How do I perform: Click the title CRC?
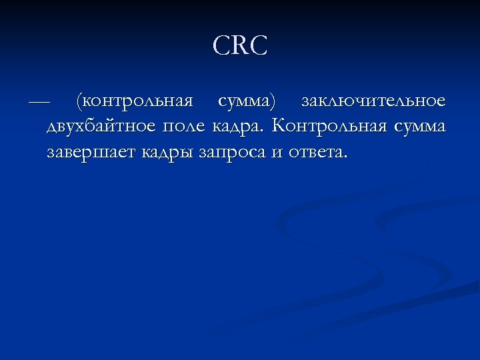[x=240, y=46]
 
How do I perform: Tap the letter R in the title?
[x=240, y=46]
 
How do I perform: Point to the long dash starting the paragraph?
[x=39, y=103]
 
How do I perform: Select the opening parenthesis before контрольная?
[x=79, y=103]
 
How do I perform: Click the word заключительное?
[x=373, y=102]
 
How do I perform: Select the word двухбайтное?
[x=99, y=127]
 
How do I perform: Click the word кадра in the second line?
[x=237, y=127]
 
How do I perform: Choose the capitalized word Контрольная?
[x=324, y=126]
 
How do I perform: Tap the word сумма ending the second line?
[x=417, y=127]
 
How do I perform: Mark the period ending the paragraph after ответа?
[x=345, y=157]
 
